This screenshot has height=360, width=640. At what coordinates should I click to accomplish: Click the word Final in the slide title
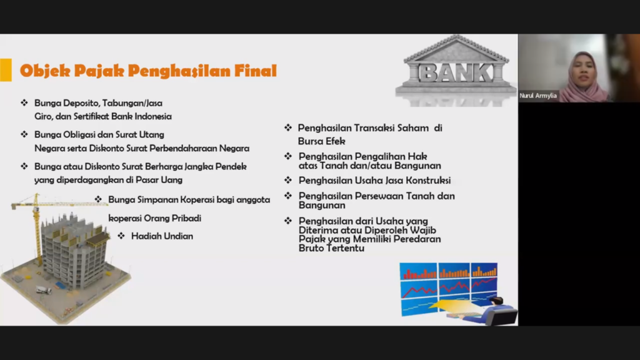click(x=256, y=71)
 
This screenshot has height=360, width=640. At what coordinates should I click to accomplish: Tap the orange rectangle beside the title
click(x=6, y=70)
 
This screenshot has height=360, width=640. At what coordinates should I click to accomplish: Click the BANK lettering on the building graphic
click(x=456, y=72)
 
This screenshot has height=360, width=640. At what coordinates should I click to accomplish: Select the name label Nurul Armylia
click(x=538, y=96)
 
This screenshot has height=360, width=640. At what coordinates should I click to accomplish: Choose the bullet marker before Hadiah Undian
click(x=121, y=236)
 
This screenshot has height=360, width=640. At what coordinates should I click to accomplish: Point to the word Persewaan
click(x=379, y=196)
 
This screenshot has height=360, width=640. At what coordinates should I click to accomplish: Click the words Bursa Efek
click(x=322, y=141)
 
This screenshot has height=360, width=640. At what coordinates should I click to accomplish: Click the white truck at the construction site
click(x=44, y=290)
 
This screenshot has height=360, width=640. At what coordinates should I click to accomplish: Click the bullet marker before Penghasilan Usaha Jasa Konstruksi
click(x=288, y=180)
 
